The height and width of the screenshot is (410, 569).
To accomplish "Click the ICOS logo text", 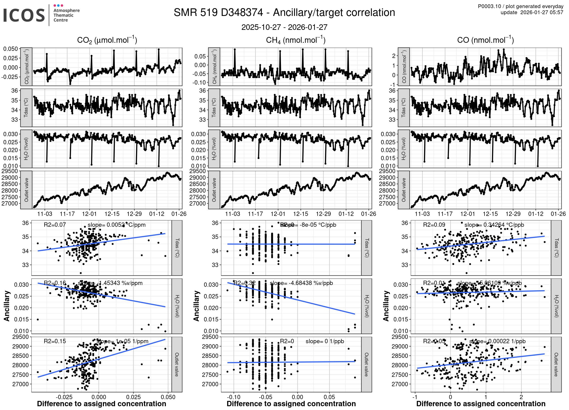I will point(24,15).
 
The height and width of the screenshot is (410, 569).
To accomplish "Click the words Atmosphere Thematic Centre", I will point(66,15).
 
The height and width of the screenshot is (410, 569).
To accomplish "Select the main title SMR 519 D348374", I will point(218,13).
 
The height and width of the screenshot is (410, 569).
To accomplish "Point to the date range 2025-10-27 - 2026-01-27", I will point(284,27).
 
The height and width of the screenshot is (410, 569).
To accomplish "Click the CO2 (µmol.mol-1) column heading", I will point(107,40).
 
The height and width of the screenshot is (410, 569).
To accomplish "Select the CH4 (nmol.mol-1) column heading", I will point(296,40).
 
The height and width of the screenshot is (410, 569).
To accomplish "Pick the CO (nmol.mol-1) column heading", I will point(485,40).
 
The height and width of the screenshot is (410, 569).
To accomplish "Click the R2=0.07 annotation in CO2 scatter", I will point(55,225).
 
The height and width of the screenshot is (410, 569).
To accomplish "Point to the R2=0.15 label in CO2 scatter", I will point(55,341).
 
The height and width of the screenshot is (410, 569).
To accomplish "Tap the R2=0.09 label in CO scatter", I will point(434,225).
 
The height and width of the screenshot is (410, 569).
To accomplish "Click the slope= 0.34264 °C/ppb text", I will point(494,225).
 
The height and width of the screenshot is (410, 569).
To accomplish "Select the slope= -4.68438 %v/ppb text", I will point(301,283).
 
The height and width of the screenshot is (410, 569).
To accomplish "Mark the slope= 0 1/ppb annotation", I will point(325,341).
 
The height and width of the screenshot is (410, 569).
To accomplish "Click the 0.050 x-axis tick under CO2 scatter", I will point(168,397).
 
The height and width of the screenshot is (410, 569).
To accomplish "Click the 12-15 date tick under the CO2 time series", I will point(112,214).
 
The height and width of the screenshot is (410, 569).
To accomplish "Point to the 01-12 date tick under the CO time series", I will point(536,214).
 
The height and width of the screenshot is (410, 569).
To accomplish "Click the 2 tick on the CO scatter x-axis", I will point(521,397).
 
